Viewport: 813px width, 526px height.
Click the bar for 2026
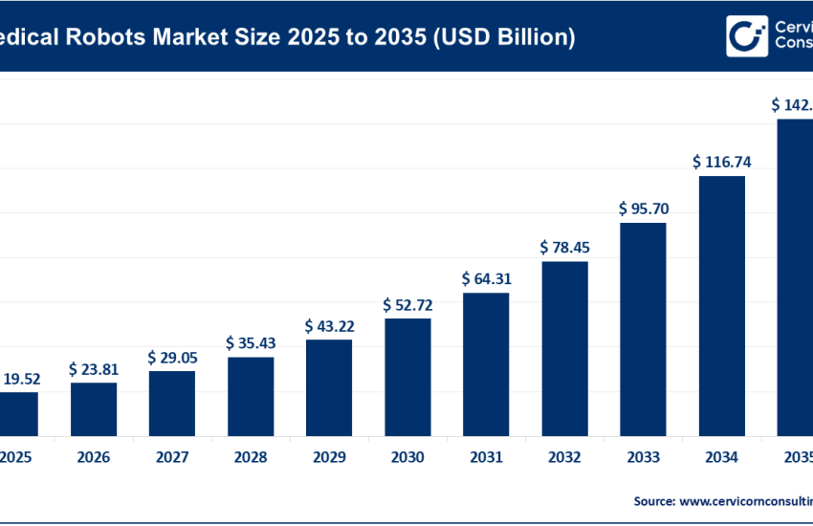[94, 409]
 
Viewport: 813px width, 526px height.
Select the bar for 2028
[251, 396]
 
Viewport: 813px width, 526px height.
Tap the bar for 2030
[407, 377]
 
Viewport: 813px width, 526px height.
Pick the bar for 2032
[564, 348]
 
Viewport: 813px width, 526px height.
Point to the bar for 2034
[721, 306]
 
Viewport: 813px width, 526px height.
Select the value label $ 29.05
[172, 357]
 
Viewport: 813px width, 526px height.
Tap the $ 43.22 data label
[329, 326]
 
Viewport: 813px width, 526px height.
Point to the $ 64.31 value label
[486, 279]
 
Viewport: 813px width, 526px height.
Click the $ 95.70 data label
[643, 208]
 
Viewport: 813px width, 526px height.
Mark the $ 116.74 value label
[721, 162]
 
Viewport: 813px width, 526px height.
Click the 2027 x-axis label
[172, 458]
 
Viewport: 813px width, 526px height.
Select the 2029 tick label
[329, 458]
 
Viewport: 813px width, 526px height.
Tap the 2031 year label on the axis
[486, 458]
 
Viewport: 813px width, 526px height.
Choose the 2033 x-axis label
[643, 458]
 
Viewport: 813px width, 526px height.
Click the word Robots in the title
[116, 37]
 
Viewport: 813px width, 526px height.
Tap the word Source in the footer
[655, 500]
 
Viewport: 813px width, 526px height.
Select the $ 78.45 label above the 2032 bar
[564, 248]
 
